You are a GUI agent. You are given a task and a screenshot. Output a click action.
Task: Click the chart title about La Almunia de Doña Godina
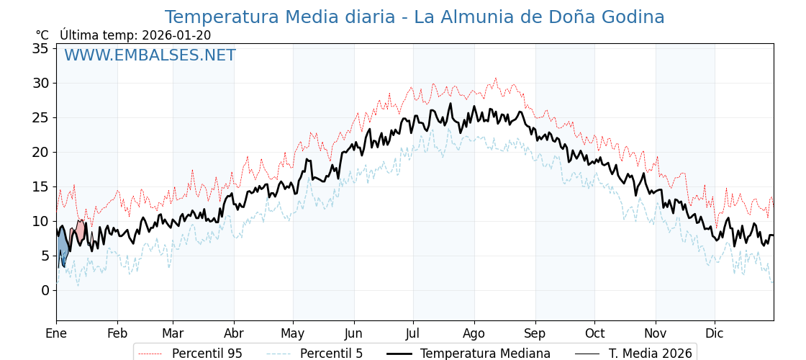click(414, 17)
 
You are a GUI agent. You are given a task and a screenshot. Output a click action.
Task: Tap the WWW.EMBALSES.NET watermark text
click(150, 55)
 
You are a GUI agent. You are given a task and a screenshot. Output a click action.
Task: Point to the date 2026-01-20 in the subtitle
click(176, 35)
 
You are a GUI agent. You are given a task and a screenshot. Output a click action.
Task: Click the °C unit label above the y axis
click(42, 35)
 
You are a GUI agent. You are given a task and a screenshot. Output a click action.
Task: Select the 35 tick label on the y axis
click(40, 48)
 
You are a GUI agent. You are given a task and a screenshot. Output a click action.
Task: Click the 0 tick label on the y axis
click(45, 290)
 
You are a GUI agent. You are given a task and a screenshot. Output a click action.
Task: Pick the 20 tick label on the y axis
click(40, 152)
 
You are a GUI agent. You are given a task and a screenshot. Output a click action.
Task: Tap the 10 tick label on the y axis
click(40, 221)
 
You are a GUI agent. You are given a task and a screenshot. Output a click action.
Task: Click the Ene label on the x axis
click(56, 333)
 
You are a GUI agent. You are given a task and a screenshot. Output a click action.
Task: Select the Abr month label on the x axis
click(234, 333)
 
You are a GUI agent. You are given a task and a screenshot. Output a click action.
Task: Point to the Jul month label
click(413, 333)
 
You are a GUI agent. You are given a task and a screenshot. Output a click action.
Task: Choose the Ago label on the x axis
click(474, 333)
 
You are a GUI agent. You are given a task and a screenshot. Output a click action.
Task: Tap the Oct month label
click(594, 333)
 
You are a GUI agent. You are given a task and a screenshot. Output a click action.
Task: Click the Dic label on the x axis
click(715, 333)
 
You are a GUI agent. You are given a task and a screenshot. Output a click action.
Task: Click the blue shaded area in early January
click(63, 251)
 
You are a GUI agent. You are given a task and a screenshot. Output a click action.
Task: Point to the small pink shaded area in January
click(80, 230)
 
